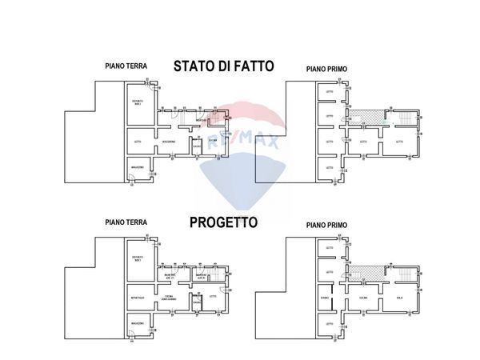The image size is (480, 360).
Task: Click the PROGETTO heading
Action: tap(223, 224)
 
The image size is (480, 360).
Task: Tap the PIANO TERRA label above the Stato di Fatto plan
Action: tap(126, 66)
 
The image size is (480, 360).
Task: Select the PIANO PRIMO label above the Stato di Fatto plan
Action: tap(325, 70)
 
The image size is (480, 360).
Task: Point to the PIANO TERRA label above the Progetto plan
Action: tap(126, 223)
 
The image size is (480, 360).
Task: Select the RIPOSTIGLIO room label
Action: tap(138, 298)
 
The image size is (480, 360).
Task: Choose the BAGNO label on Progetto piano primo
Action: tap(325, 298)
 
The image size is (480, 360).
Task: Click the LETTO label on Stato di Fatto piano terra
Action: tap(138, 142)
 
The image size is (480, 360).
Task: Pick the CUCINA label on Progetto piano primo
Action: tap(362, 298)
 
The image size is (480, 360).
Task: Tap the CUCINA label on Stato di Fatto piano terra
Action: tap(213, 142)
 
